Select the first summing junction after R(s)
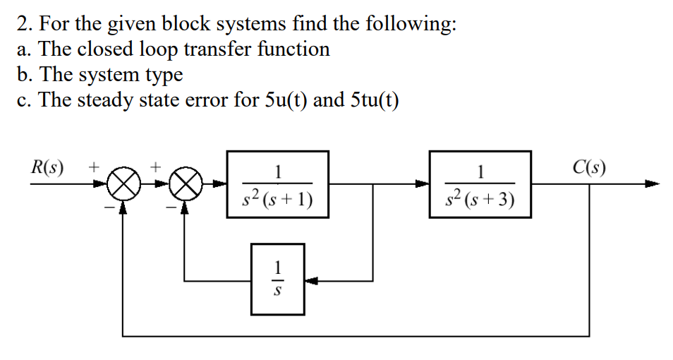(123, 186)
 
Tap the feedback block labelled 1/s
(278, 279)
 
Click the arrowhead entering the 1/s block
(310, 280)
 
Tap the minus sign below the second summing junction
(170, 205)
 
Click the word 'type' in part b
(164, 74)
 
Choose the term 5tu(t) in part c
(373, 100)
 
